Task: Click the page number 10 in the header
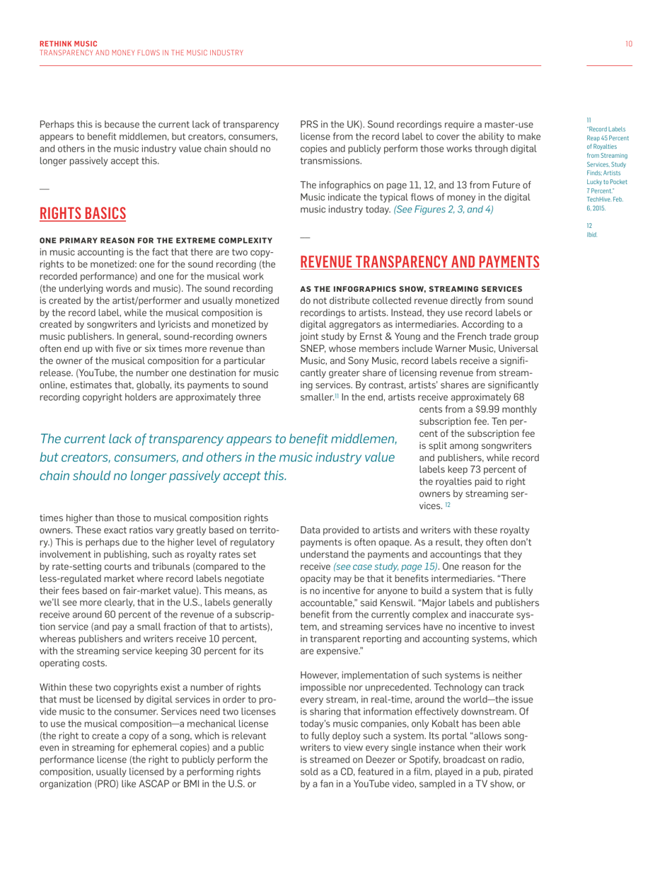tap(629, 44)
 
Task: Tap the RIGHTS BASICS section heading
tap(83, 213)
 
